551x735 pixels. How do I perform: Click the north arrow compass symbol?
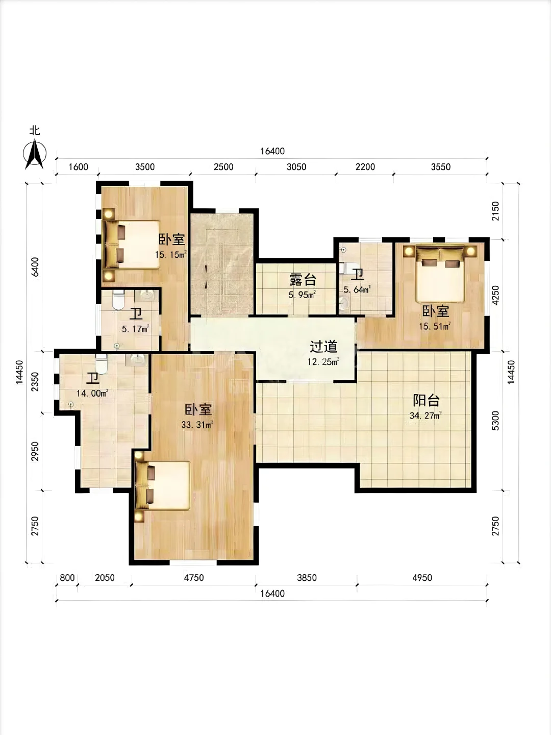(x=35, y=154)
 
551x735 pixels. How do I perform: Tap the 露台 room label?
(x=303, y=280)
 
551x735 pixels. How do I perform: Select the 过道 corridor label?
(x=323, y=347)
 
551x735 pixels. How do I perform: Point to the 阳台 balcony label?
(x=426, y=401)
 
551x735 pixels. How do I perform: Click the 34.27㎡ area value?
(x=425, y=416)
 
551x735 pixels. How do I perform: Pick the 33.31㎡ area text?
(x=197, y=425)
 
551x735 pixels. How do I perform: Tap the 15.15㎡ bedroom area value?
(x=170, y=255)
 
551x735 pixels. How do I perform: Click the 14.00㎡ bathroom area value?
(x=92, y=393)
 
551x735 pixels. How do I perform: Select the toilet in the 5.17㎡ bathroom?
(x=118, y=300)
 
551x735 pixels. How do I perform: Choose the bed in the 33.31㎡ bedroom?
(x=163, y=485)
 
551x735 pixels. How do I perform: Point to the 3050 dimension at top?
(x=296, y=167)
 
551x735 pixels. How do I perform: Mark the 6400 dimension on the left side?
(x=35, y=267)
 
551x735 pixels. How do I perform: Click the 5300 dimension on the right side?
(x=495, y=421)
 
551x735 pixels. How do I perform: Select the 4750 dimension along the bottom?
(x=194, y=578)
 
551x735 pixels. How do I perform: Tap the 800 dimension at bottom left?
(x=67, y=578)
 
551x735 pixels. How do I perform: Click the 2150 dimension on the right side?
(x=495, y=211)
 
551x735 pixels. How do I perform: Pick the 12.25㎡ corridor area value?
(x=323, y=362)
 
